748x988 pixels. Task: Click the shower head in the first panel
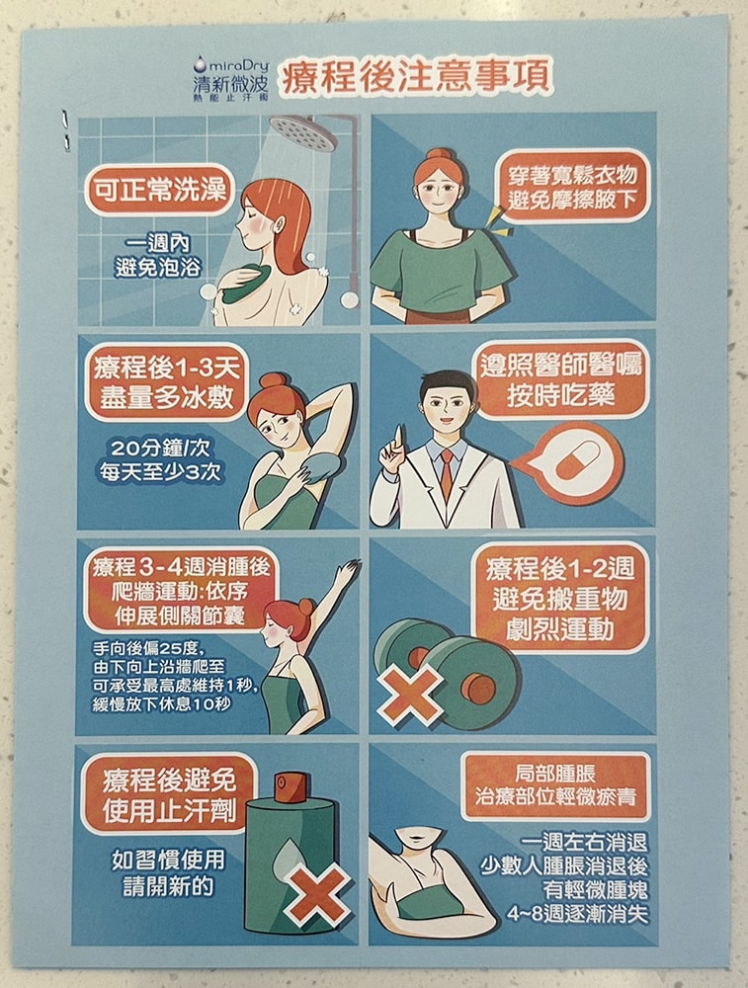coord(303,131)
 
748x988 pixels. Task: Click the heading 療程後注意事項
coord(416,76)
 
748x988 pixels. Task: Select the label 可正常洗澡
coord(159,190)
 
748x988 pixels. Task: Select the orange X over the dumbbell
coord(410,697)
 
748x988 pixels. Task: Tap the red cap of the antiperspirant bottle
coord(290,786)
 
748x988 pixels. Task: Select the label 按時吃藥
coord(560,396)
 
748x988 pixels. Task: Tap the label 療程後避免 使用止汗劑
coord(169,794)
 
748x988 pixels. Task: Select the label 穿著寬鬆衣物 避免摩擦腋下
coord(572,187)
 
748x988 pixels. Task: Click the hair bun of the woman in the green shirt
coord(440,154)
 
